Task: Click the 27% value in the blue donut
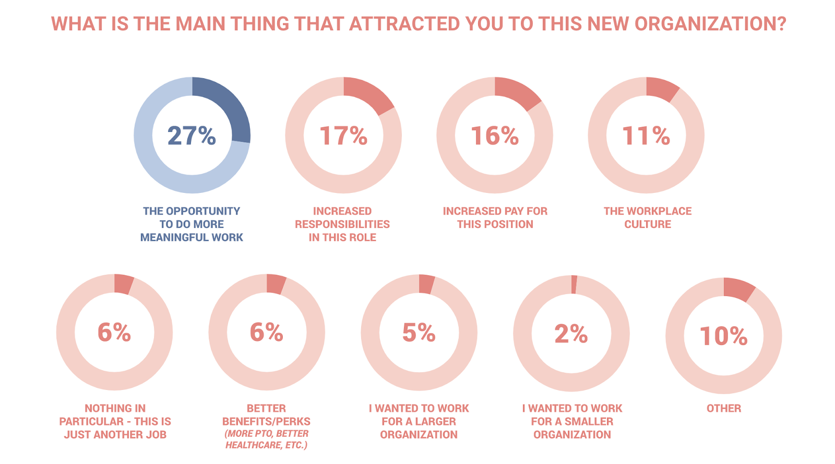pyautogui.click(x=192, y=136)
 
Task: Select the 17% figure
pyautogui.click(x=343, y=136)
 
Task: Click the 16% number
pyautogui.click(x=495, y=136)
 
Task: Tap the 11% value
pyautogui.click(x=646, y=136)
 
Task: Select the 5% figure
pyautogui.click(x=419, y=333)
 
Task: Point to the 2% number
pyautogui.click(x=571, y=334)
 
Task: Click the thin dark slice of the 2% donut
pyautogui.click(x=574, y=285)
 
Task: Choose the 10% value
pyautogui.click(x=723, y=336)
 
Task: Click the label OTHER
pyautogui.click(x=723, y=408)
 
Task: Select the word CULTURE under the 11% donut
pyautogui.click(x=648, y=224)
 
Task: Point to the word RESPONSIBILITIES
pyautogui.click(x=342, y=224)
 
